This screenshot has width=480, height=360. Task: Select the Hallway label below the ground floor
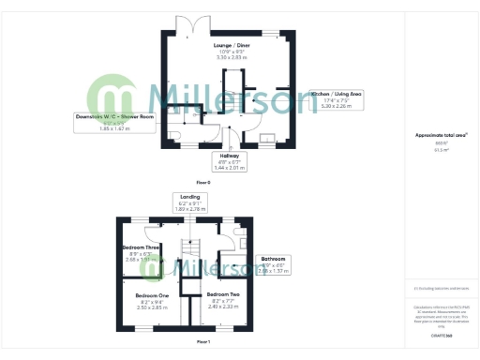[230, 157]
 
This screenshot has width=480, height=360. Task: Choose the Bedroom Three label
[142, 248]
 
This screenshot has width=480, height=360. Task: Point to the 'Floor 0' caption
[203, 181]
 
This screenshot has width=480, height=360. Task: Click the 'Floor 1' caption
[203, 342]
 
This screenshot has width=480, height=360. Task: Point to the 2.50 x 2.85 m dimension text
[151, 307]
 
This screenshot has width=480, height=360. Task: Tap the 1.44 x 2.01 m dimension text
[230, 169]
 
